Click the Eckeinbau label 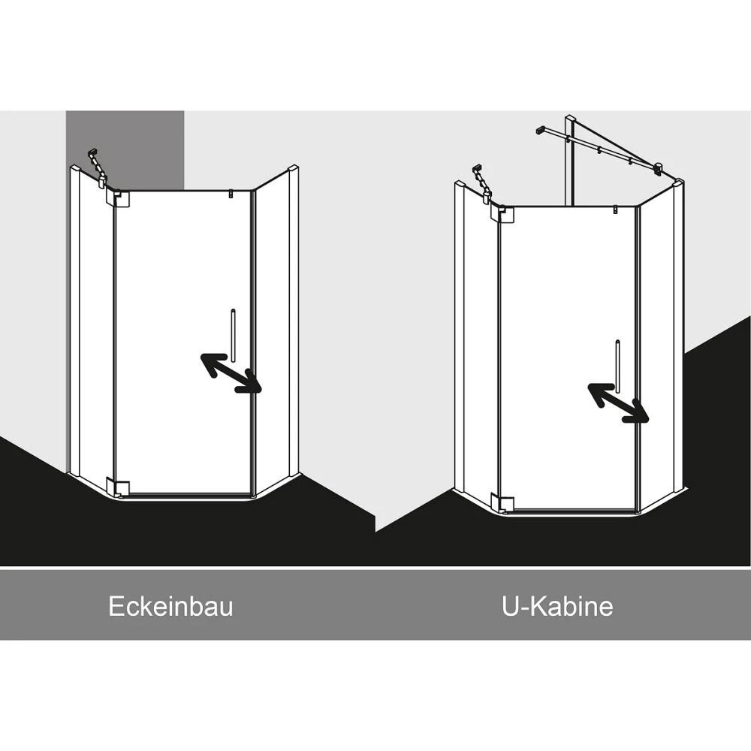(x=170, y=606)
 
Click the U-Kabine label (x=557, y=606)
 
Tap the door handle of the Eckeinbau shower (x=234, y=335)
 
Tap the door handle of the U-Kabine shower (x=618, y=366)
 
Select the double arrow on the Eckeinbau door (x=231, y=373)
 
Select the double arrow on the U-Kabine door (x=618, y=403)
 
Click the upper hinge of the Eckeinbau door (x=120, y=198)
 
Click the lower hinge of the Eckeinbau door (x=120, y=487)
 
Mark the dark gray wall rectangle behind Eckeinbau (x=125, y=149)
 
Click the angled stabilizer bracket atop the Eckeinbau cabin (x=98, y=168)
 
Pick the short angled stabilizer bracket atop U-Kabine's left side (x=482, y=184)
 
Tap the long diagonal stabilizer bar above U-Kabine (x=599, y=148)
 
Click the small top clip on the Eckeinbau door (x=231, y=194)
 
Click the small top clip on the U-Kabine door (x=615, y=210)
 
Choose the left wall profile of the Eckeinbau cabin (x=74, y=320)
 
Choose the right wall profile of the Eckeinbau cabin (x=293, y=320)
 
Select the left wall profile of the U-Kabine (x=460, y=336)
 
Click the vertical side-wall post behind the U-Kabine (x=570, y=161)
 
